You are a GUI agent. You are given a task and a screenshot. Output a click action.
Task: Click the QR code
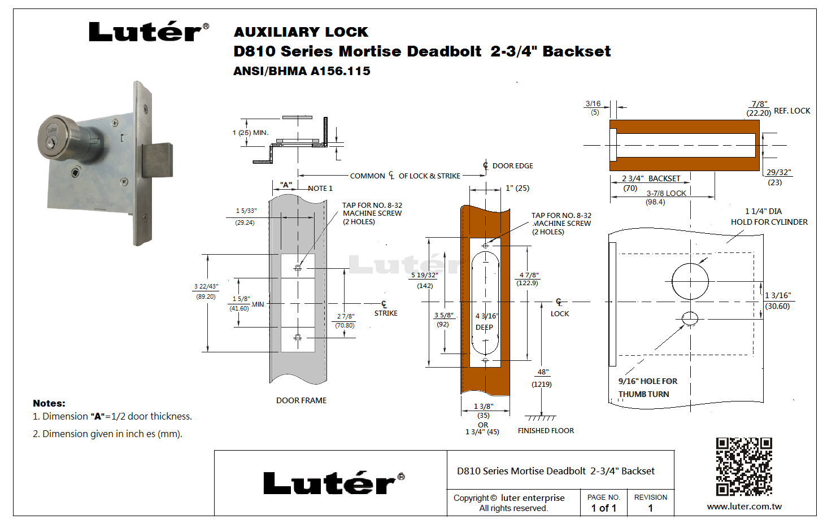tap(743, 466)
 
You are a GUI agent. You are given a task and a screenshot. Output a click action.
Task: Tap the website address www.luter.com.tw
tap(744, 507)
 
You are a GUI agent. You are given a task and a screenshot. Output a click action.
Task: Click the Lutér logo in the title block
tap(333, 483)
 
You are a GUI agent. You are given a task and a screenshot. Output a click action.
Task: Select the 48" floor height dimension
tap(543, 372)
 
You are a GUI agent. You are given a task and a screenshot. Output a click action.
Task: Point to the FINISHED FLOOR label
tap(546, 430)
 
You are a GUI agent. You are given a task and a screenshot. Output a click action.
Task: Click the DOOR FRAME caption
tap(301, 400)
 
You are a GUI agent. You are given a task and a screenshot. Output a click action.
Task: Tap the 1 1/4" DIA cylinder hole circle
tap(690, 281)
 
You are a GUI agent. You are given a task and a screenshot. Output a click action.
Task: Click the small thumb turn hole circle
tap(690, 318)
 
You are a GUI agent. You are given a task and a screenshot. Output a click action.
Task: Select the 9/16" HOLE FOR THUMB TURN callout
tap(647, 387)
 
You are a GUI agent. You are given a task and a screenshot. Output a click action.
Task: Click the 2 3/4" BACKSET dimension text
tap(651, 178)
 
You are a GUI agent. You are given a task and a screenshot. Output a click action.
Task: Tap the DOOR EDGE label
tap(512, 165)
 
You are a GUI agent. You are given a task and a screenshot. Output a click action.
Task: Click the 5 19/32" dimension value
tap(425, 275)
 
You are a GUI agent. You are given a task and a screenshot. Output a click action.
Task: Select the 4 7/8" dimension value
tap(529, 275)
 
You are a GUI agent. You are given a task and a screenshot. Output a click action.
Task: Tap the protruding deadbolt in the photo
tap(157, 160)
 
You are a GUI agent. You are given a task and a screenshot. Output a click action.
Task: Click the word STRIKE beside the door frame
tap(386, 313)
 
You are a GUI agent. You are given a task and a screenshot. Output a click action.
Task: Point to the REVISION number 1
tap(650, 508)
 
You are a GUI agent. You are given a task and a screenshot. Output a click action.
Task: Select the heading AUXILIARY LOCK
tap(301, 32)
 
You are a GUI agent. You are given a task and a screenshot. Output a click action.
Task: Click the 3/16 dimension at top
tap(593, 104)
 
